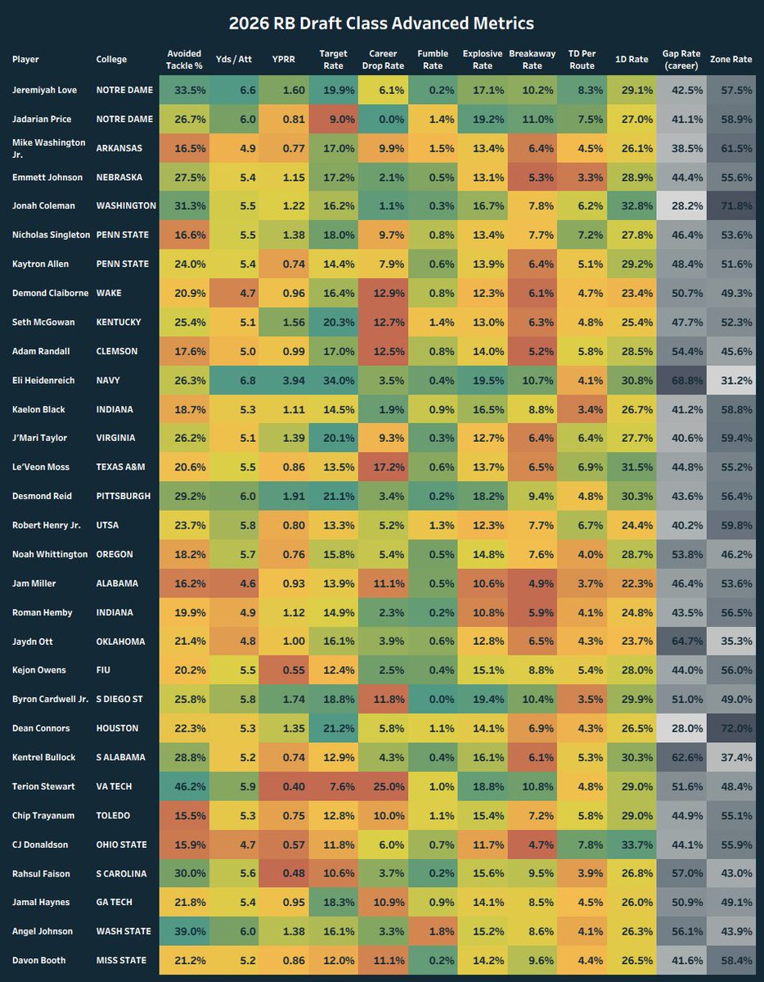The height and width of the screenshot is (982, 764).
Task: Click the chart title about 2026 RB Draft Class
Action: (x=382, y=23)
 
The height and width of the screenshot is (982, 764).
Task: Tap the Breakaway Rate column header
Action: (x=532, y=59)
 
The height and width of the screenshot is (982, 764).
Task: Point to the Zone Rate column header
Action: (x=731, y=59)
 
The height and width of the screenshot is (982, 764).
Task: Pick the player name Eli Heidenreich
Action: (x=45, y=381)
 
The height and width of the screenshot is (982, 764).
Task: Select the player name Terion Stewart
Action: (x=43, y=786)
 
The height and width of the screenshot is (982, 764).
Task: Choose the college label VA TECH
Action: (x=115, y=786)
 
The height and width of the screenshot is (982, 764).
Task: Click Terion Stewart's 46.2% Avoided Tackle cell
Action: (x=184, y=786)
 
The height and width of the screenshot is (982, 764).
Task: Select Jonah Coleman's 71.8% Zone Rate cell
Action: (x=731, y=206)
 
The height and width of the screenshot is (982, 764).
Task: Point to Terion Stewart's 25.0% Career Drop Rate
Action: (x=383, y=786)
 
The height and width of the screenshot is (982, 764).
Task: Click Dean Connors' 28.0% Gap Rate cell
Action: (x=681, y=728)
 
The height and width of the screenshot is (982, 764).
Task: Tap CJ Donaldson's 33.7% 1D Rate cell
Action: (x=631, y=845)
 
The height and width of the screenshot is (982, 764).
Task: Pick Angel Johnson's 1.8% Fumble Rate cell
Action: (x=433, y=931)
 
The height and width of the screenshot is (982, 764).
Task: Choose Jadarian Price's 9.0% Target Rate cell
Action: (x=333, y=119)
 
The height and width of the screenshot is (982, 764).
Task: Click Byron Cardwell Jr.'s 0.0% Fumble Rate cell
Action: (x=433, y=700)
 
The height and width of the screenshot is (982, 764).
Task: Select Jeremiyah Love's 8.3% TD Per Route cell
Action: (x=582, y=90)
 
